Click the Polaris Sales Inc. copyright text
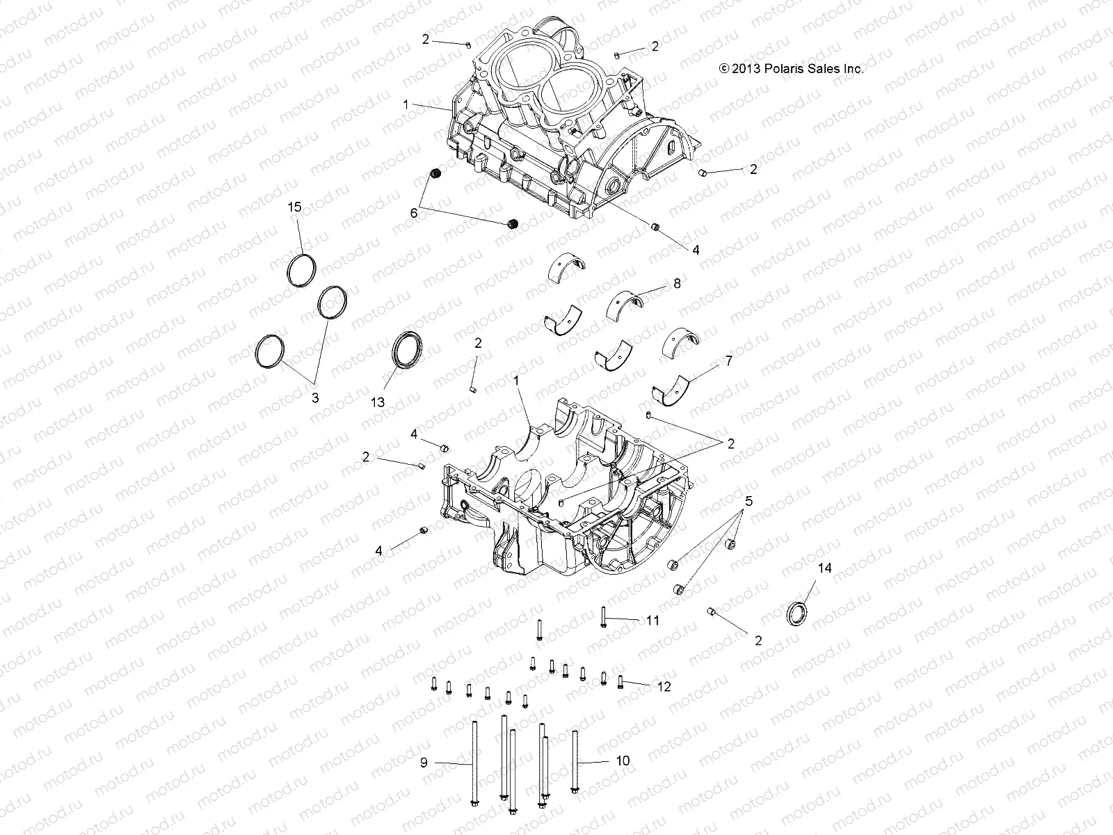point(791,69)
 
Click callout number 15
point(295,207)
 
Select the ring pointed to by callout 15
point(303,270)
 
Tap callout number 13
point(378,403)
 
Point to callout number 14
point(824,568)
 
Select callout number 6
point(414,213)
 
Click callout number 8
point(677,284)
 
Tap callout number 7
point(728,360)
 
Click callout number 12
point(664,686)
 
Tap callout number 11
point(652,620)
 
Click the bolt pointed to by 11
point(603,616)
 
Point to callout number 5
point(748,501)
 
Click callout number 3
point(314,398)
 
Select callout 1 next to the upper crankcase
point(406,104)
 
